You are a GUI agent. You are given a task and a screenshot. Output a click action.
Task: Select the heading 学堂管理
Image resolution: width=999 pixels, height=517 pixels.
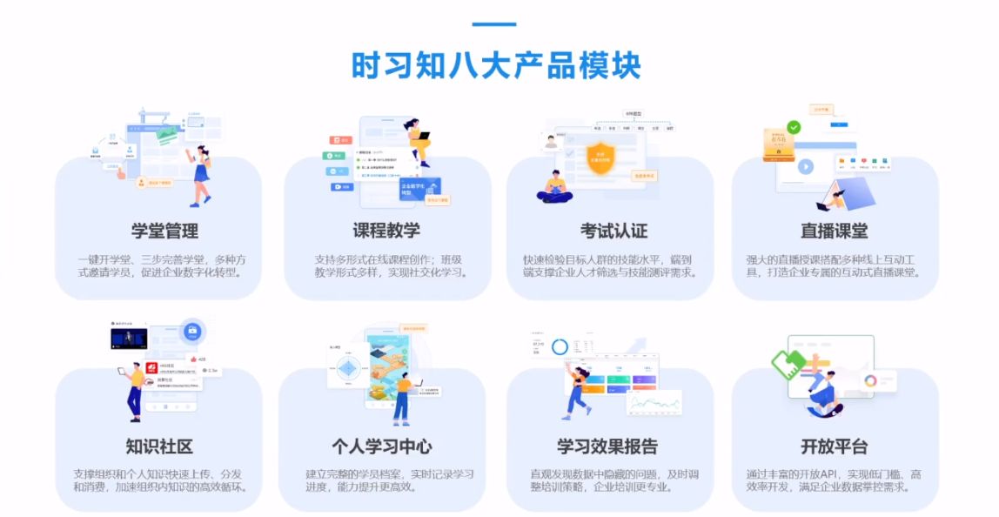click(x=165, y=232)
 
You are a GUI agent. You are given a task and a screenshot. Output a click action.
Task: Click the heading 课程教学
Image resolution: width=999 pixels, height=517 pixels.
click(x=386, y=232)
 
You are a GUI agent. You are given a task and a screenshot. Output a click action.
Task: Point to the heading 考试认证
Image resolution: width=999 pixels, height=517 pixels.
click(x=613, y=232)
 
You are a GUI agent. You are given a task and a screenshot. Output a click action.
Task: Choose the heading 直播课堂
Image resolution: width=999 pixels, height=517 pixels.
click(x=834, y=232)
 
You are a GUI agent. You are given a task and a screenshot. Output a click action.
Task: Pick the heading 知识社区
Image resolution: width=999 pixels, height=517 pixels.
click(x=159, y=447)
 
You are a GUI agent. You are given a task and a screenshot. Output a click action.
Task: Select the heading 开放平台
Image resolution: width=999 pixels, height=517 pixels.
click(x=834, y=447)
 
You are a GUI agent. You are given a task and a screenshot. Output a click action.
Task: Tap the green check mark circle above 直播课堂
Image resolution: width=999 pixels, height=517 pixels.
click(x=794, y=128)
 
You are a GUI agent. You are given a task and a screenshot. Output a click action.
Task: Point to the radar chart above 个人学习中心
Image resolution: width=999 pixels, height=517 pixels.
click(x=348, y=368)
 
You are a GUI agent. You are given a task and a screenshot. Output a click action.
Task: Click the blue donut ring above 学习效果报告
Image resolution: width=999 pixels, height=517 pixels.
click(x=560, y=347)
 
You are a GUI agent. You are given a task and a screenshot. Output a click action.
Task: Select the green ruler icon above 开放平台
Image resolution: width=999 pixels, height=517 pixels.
click(x=788, y=363)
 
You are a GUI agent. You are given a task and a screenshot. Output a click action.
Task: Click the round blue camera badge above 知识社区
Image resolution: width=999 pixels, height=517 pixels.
click(x=192, y=331)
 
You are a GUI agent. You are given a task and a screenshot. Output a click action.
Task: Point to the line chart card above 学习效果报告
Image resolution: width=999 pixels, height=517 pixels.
click(x=654, y=402)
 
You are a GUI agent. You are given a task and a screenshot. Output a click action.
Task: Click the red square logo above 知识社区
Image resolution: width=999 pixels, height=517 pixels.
click(x=151, y=368)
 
